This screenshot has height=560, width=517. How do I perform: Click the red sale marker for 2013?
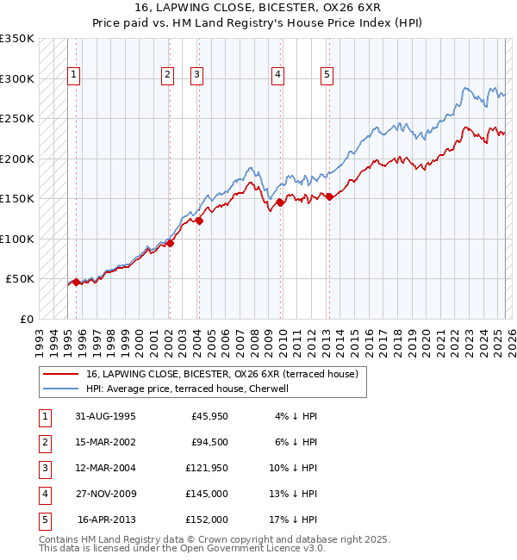[329, 196]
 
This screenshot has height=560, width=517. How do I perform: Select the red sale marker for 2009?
[280, 202]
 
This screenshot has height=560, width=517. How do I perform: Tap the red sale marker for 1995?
[76, 282]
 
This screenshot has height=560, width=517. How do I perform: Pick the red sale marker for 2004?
[199, 221]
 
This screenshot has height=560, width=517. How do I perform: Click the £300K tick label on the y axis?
[17, 78]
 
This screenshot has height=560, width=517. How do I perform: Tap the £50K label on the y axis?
[20, 279]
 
